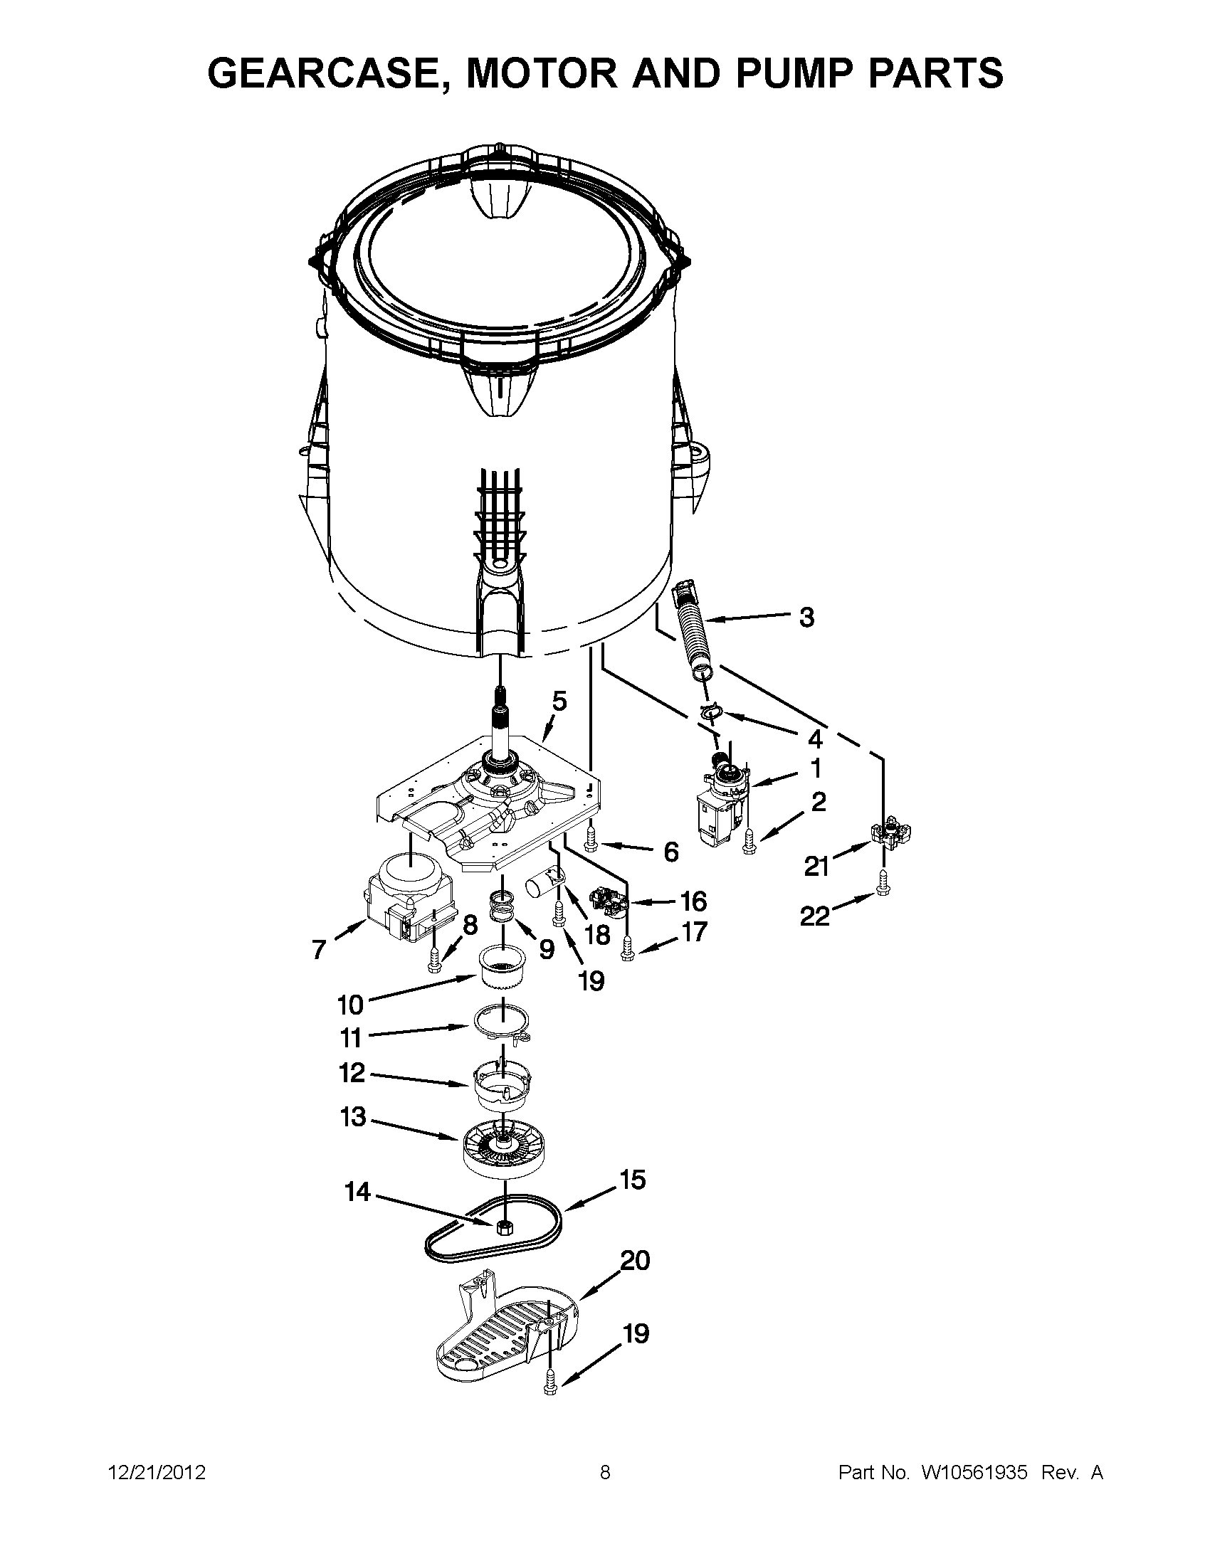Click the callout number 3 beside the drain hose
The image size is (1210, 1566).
[806, 618]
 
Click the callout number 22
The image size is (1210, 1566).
[814, 916]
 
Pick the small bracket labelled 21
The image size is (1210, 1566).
[890, 832]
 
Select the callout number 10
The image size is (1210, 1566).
[350, 1005]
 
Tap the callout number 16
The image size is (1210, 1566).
[693, 901]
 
